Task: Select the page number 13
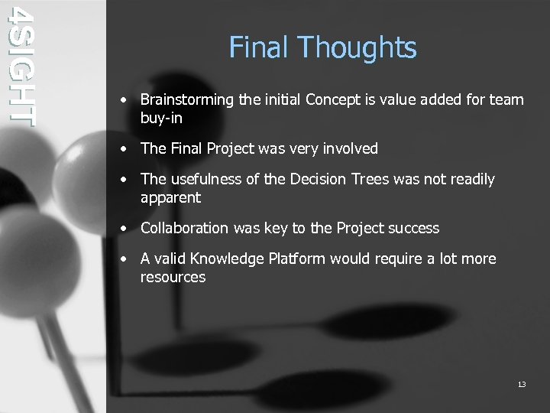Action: coord(522,384)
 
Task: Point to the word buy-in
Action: coord(161,119)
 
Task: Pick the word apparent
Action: coord(170,198)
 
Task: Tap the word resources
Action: coord(173,278)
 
